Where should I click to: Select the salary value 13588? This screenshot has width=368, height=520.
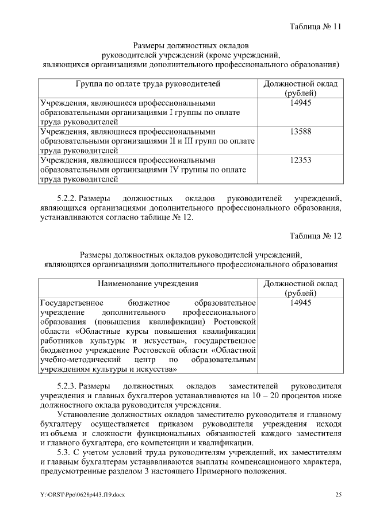tap(301, 131)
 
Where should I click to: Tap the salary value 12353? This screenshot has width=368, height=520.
tap(301, 160)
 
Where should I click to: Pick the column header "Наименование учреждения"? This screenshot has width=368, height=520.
tap(148, 283)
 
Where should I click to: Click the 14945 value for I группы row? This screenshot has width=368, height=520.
tap(301, 102)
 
